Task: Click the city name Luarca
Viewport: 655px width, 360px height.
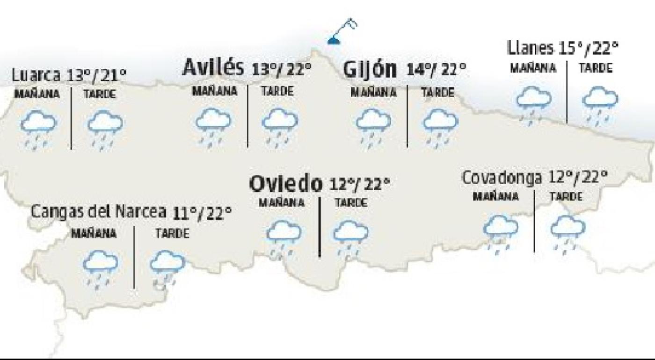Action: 36,75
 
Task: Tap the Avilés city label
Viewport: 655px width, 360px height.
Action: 213,68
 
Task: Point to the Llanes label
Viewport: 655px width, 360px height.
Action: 530,48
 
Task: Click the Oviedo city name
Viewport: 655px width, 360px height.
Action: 286,184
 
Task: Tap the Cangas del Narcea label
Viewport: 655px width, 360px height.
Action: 99,212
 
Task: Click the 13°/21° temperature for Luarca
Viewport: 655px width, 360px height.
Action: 96,75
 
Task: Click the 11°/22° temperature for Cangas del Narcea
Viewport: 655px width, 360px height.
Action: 202,214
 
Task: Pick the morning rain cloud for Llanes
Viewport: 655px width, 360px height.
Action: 533,103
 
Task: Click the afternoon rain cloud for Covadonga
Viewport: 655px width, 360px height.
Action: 568,231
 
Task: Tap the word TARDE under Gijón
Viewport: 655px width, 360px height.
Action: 437,93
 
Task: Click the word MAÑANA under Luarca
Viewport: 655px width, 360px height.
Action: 37,94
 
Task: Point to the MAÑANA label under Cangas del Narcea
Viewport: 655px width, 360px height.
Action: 94,233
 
